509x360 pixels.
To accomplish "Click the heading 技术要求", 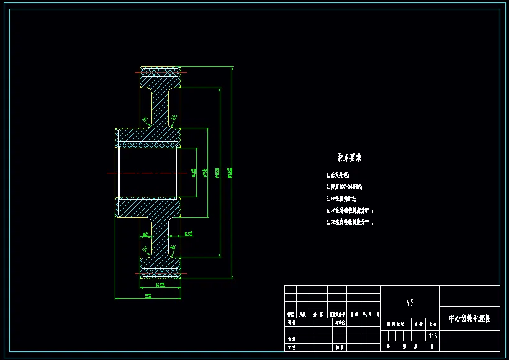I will (349, 158).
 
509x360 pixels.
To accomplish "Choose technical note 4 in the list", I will (350, 210).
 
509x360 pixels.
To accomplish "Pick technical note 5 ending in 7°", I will (349, 222).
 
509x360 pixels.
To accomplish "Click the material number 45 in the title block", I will (410, 303).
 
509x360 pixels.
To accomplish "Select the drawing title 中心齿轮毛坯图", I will (470, 318).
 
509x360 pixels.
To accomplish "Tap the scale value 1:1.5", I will (433, 336).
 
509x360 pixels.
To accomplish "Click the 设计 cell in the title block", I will (291, 323).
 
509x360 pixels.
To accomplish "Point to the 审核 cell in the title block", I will (291, 339).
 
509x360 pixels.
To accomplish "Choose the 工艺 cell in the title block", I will (291, 348).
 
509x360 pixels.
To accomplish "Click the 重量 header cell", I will (418, 323).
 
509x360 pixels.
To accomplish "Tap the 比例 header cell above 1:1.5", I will (433, 323).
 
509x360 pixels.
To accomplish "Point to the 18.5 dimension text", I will (188, 234).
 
